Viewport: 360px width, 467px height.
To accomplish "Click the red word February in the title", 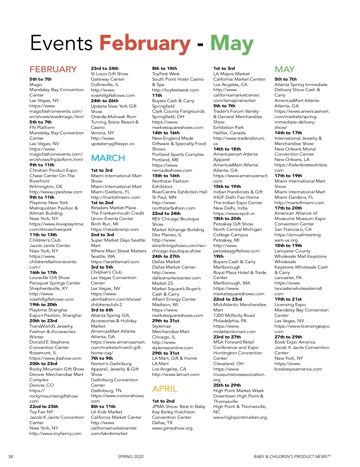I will (145, 43).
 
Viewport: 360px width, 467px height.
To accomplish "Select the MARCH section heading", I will (108, 158).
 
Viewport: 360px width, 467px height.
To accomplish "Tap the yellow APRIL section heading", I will (165, 389).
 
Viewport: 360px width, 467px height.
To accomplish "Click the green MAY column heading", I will (284, 69).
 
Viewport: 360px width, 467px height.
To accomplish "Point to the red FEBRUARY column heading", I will (53, 69).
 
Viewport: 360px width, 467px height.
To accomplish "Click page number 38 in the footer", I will (10, 457).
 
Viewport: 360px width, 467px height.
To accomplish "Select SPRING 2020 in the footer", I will (130, 457).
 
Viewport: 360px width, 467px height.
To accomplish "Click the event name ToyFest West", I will (166, 74).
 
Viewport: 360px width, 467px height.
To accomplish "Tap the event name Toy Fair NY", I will (41, 412).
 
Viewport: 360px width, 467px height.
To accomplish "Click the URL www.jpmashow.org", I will (172, 428).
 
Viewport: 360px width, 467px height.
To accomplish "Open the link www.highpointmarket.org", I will (240, 417).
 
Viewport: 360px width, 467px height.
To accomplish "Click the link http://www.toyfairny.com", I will (55, 433).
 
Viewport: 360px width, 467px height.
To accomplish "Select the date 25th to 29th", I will (227, 385).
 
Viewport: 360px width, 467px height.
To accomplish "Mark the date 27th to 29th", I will (288, 337).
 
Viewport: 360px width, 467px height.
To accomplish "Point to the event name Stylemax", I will (161, 326).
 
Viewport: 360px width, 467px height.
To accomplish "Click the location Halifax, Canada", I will (229, 133).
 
